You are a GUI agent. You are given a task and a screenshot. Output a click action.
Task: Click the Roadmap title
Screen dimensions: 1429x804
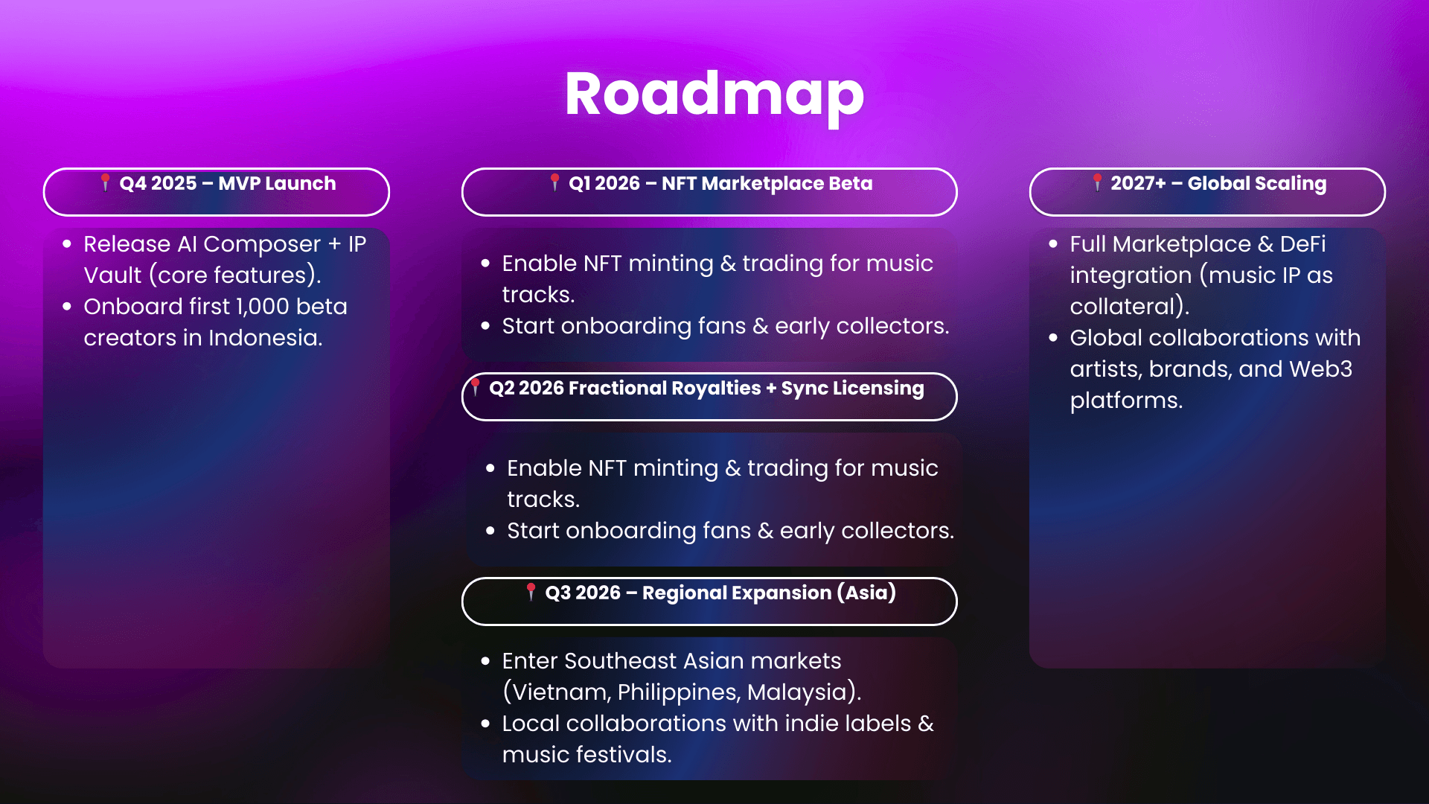click(x=714, y=95)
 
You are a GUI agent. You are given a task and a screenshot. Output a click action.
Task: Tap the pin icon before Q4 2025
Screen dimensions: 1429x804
click(x=105, y=182)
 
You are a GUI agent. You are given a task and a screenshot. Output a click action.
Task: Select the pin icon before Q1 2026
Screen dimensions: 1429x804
click(x=554, y=182)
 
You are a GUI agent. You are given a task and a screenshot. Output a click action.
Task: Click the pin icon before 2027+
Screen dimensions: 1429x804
click(x=1097, y=182)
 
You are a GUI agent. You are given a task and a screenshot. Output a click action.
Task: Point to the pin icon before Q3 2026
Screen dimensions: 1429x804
click(x=531, y=591)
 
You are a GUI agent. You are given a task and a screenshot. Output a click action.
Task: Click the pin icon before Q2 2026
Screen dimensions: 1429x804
click(x=476, y=386)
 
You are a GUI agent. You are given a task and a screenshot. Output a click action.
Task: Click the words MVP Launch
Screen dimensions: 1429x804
click(x=277, y=183)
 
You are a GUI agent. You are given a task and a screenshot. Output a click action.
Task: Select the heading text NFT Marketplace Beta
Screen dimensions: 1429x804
click(x=767, y=183)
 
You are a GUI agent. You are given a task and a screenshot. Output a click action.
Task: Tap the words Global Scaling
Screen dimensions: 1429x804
click(x=1257, y=184)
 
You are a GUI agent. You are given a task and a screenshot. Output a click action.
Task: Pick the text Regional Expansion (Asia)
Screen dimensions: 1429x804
click(x=769, y=593)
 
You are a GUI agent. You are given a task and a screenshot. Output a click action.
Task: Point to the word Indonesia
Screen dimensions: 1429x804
click(x=265, y=338)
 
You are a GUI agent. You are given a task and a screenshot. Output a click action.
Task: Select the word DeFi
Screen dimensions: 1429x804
click(x=1302, y=244)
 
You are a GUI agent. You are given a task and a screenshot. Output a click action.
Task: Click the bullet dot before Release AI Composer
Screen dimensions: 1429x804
click(x=67, y=243)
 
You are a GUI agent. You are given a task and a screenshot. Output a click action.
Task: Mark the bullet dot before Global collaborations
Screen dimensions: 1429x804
click(x=1053, y=337)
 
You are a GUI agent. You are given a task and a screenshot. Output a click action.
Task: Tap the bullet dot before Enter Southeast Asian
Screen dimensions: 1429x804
click(x=485, y=660)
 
